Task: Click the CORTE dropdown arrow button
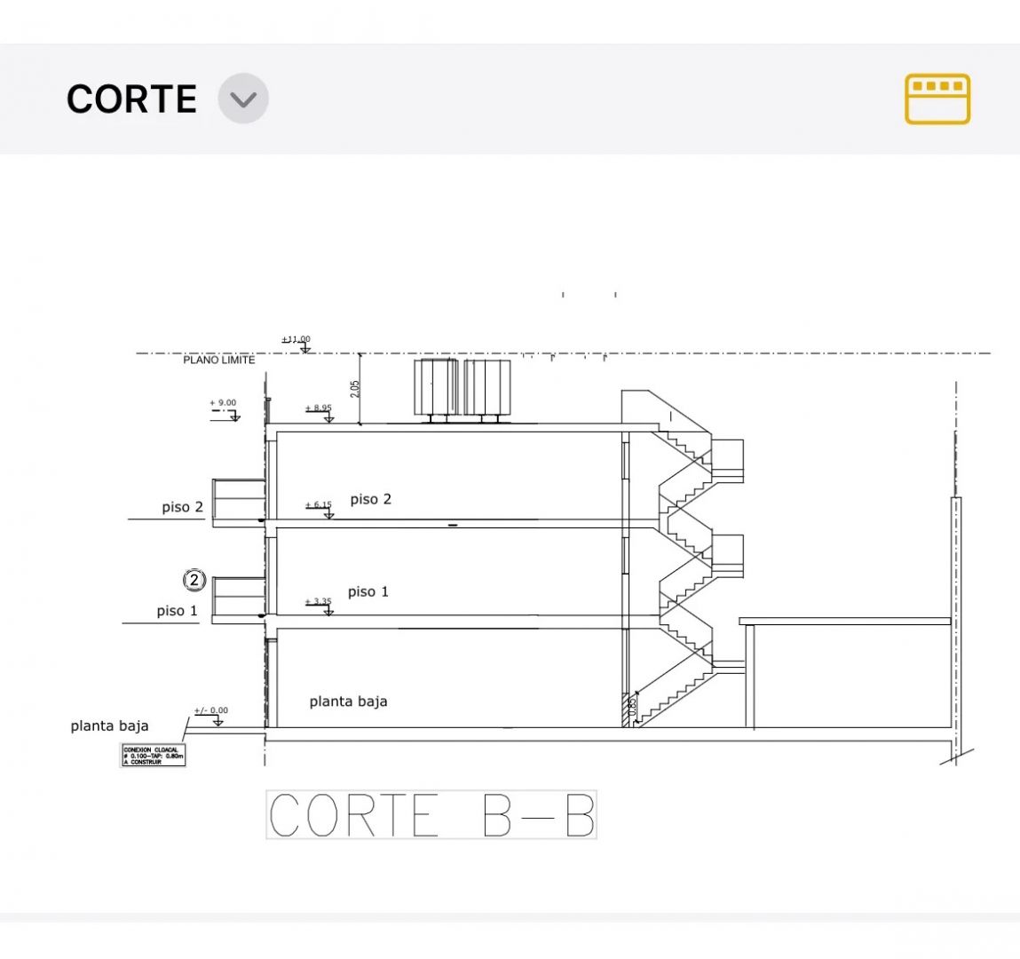pyautogui.click(x=243, y=98)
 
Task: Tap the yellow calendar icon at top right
pyautogui.click(x=937, y=99)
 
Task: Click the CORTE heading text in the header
pyautogui.click(x=131, y=99)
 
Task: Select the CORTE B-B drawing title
pyautogui.click(x=431, y=814)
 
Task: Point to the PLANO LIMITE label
pyautogui.click(x=218, y=360)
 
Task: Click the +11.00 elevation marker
pyautogui.click(x=297, y=339)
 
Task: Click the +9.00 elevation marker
pyautogui.click(x=223, y=403)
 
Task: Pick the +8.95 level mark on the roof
pyautogui.click(x=319, y=408)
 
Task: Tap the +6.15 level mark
pyautogui.click(x=319, y=505)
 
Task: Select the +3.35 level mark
pyautogui.click(x=319, y=602)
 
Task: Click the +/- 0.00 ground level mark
pyautogui.click(x=211, y=710)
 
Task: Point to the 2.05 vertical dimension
pyautogui.click(x=355, y=388)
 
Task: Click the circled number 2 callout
pyautogui.click(x=194, y=581)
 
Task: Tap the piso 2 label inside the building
pyautogui.click(x=371, y=499)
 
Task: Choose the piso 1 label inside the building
pyautogui.click(x=368, y=591)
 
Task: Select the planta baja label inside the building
pyautogui.click(x=348, y=701)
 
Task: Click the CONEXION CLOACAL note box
pyautogui.click(x=153, y=756)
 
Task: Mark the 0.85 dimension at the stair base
pyautogui.click(x=632, y=708)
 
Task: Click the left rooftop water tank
pyautogui.click(x=436, y=387)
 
